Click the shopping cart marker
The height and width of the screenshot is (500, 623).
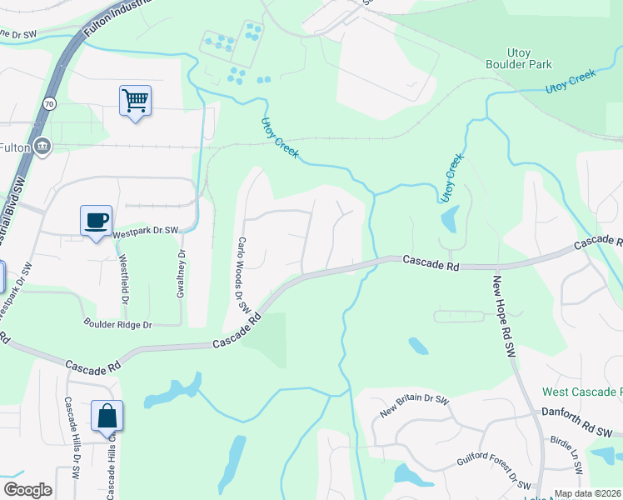pyautogui.click(x=135, y=102)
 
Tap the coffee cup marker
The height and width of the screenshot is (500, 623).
pyautogui.click(x=97, y=222)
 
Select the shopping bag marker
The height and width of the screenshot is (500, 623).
pyautogui.click(x=107, y=417)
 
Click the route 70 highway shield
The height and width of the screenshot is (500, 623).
pyautogui.click(x=50, y=104)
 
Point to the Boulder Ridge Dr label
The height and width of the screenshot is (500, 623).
pyautogui.click(x=117, y=323)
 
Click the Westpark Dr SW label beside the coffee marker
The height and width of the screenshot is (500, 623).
pyautogui.click(x=146, y=230)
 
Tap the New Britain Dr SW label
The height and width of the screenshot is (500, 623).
pyautogui.click(x=414, y=406)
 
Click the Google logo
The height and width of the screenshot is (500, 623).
pyautogui.click(x=27, y=490)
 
